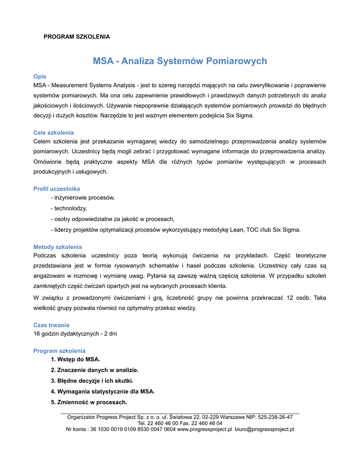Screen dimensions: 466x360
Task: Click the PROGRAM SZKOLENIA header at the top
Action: click(76, 36)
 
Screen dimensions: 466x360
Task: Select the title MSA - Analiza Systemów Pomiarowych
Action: click(180, 61)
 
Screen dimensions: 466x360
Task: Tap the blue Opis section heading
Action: click(40, 76)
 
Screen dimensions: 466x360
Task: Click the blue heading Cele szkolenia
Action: click(54, 132)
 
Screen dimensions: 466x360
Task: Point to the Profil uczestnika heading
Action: click(57, 189)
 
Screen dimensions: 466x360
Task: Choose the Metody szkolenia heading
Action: click(58, 247)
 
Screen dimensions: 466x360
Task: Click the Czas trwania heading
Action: click(51, 325)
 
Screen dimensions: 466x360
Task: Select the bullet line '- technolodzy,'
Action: click(69, 208)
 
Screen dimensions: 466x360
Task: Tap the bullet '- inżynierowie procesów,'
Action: click(83, 198)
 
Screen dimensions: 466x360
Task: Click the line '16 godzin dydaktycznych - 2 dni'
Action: click(75, 334)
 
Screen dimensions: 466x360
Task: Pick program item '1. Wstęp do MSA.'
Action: click(76, 360)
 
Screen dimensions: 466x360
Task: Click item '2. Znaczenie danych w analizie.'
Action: click(95, 370)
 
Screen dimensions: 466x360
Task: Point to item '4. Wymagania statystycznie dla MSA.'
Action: click(103, 391)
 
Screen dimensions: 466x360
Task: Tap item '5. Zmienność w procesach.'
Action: click(89, 402)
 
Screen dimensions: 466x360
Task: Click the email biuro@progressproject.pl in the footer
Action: click(264, 429)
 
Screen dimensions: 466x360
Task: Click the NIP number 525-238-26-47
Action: click(275, 417)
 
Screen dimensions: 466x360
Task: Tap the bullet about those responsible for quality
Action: click(112, 218)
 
